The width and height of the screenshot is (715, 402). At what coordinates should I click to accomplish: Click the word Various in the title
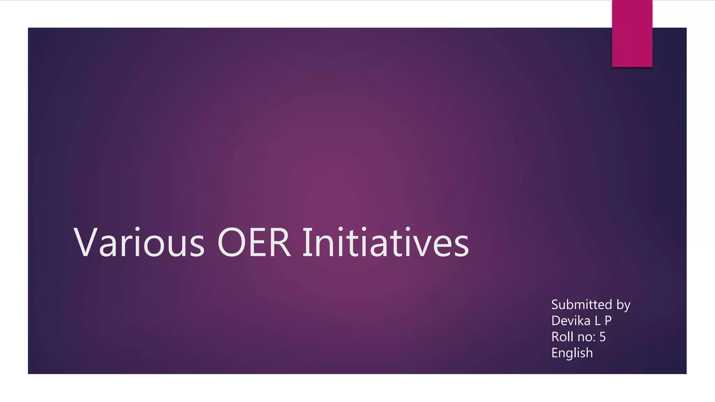[139, 243]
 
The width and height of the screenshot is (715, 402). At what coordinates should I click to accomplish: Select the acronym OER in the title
[254, 243]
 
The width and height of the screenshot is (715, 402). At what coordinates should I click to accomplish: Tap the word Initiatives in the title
[385, 243]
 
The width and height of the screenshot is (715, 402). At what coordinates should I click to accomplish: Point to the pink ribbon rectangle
[632, 33]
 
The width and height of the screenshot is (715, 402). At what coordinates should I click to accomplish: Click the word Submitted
[582, 305]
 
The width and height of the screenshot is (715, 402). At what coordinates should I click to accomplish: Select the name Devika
[571, 321]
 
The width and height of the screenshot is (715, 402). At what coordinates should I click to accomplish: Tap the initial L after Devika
[597, 321]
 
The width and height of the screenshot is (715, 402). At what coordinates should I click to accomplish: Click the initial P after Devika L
[608, 321]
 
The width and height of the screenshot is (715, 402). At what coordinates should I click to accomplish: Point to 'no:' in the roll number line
[587, 337]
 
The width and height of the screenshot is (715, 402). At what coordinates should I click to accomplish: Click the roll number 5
[603, 337]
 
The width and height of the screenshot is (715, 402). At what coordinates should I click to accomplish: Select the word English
[572, 353]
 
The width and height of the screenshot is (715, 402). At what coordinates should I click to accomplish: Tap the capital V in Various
[86, 243]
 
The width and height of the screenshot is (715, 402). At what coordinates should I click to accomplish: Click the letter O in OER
[231, 243]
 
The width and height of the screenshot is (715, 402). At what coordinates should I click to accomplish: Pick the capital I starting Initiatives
[306, 243]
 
